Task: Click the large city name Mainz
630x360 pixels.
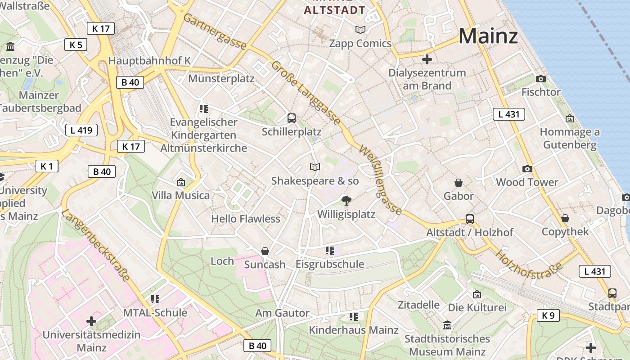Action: click(488, 36)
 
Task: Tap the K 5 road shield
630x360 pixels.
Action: click(76, 45)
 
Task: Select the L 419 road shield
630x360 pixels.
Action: click(81, 130)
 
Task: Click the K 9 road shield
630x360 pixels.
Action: click(548, 315)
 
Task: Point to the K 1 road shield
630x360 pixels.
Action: click(47, 166)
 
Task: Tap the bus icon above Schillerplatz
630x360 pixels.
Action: click(292, 118)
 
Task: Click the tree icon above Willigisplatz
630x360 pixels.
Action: click(346, 200)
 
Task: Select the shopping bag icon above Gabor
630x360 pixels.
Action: click(458, 182)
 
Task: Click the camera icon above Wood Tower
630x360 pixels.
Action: click(527, 169)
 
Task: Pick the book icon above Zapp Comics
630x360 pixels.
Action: click(360, 30)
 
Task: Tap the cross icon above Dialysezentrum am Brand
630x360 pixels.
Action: click(427, 59)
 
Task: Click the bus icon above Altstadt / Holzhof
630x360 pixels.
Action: click(470, 219)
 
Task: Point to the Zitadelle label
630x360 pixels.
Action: click(418, 305)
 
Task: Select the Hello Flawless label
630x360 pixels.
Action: click(246, 219)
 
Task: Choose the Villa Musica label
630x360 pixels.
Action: click(180, 195)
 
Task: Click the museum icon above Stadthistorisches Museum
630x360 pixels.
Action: click(447, 325)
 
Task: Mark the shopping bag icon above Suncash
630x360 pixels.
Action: click(265, 251)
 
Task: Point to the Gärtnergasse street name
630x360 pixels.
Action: click(215, 32)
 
